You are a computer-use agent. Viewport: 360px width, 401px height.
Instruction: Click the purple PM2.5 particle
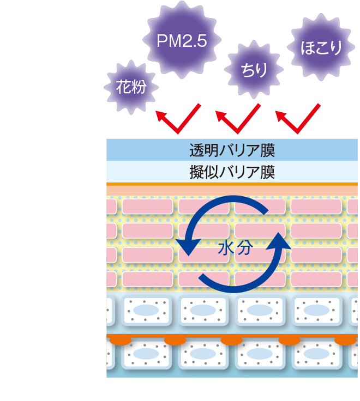(182, 41)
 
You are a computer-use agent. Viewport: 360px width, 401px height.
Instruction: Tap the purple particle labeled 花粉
(131, 87)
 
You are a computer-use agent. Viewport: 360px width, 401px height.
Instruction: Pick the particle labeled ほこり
(321, 48)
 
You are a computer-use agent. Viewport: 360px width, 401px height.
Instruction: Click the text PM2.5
(182, 41)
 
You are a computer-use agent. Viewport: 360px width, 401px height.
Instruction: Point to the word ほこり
(321, 48)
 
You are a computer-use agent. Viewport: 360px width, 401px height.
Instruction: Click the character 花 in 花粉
(124, 87)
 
